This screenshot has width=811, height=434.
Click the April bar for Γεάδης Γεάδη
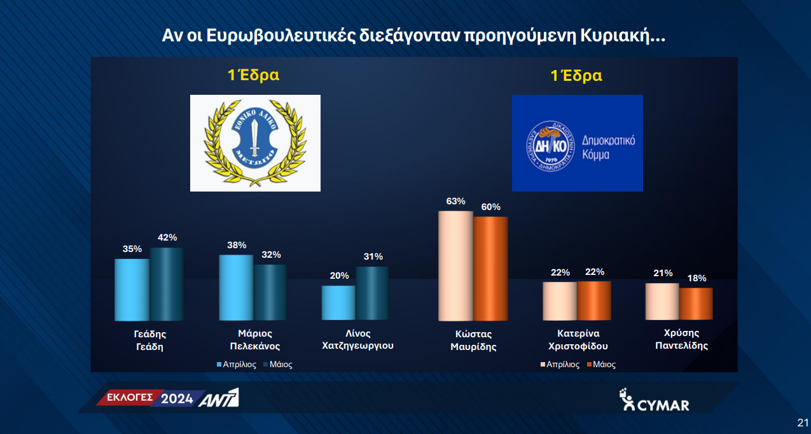pyautogui.click(x=132, y=290)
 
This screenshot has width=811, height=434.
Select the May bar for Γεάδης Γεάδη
pyautogui.click(x=167, y=284)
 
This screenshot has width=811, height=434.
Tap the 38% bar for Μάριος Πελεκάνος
pyautogui.click(x=236, y=287)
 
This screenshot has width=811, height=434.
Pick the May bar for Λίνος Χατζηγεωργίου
pyautogui.click(x=372, y=293)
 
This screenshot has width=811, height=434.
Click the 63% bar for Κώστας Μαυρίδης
pyautogui.click(x=455, y=266)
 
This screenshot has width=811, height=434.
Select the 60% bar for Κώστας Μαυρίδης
pyautogui.click(x=490, y=269)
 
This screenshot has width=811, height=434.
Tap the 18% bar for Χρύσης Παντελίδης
pyautogui.click(x=697, y=304)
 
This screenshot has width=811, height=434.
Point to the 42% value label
pyautogui.click(x=167, y=237)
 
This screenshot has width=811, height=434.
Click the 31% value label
pyautogui.click(x=373, y=256)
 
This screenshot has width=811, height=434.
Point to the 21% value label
pyautogui.click(x=663, y=273)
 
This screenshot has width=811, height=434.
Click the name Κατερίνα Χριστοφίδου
pyautogui.click(x=578, y=339)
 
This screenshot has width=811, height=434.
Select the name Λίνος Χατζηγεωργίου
pyautogui.click(x=357, y=339)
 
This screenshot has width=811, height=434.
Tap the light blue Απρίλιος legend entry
pyautogui.click(x=237, y=365)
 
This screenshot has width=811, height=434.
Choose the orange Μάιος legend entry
pyautogui.click(x=601, y=365)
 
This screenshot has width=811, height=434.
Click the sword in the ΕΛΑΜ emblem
pyautogui.click(x=254, y=137)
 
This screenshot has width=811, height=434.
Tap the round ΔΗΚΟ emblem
pyautogui.click(x=550, y=146)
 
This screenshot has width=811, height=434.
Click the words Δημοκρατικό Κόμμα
pyautogui.click(x=608, y=148)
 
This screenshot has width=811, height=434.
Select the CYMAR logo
pyautogui.click(x=654, y=400)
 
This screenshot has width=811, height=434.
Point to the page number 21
pyautogui.click(x=803, y=423)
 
